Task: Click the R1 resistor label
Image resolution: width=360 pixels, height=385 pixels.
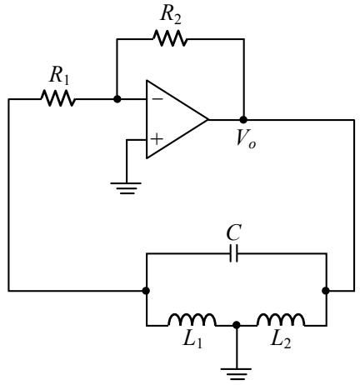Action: (59, 76)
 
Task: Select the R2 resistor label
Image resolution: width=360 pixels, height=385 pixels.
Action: (171, 15)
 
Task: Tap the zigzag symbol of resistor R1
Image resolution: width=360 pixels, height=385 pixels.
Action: (57, 98)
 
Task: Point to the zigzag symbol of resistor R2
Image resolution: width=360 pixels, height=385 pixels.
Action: (170, 38)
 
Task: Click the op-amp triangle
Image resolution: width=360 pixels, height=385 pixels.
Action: (177, 119)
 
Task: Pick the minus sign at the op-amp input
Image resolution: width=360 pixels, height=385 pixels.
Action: (157, 98)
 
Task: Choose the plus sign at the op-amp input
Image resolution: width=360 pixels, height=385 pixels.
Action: (157, 139)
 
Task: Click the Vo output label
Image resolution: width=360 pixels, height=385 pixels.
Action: (245, 138)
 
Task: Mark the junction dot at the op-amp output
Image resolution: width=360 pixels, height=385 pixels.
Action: (243, 120)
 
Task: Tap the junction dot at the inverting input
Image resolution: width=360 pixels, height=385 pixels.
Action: (117, 98)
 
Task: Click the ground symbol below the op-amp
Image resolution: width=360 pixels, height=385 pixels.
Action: (126, 188)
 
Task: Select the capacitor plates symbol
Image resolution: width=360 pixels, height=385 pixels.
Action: (233, 253)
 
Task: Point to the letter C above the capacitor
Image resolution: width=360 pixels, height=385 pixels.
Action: (233, 232)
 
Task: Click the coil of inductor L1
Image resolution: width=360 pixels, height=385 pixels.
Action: (192, 320)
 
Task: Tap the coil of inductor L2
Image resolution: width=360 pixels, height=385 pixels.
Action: (281, 320)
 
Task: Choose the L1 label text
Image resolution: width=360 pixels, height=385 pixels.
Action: (192, 339)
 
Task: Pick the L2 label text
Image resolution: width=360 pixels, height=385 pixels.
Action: (281, 339)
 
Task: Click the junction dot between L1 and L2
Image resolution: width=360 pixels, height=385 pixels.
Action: (237, 325)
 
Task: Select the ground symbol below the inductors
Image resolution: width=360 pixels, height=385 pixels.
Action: (237, 374)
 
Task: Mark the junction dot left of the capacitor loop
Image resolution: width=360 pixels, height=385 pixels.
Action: (146, 291)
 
